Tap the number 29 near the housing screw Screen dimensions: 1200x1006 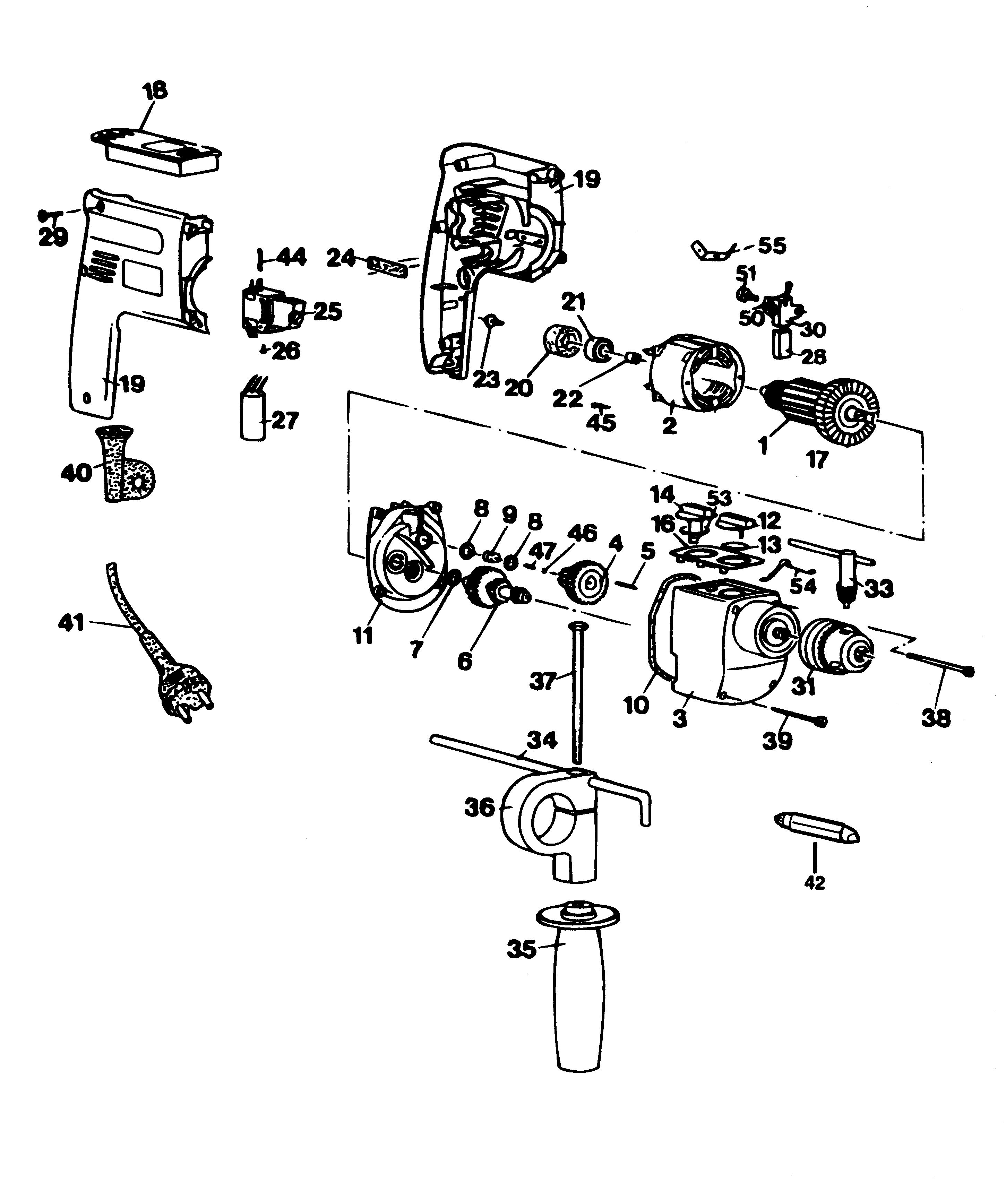pyautogui.click(x=53, y=236)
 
